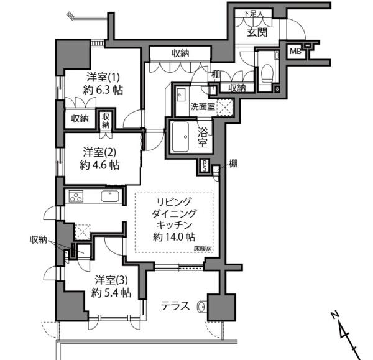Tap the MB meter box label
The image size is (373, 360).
pyautogui.click(x=295, y=52)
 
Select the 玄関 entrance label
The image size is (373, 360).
pyautogui.click(x=257, y=32)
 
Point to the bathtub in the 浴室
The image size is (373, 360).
pyautogui.click(x=181, y=137)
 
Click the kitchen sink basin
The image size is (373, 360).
pyautogui.click(x=110, y=196)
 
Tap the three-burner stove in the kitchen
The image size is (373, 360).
pyautogui.click(x=76, y=196)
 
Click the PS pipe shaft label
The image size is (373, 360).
pyautogui.click(x=205, y=165)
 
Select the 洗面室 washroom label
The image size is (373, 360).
pyautogui.click(x=203, y=106)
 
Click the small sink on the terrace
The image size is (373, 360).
pyautogui.click(x=202, y=307)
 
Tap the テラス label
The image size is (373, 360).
pyautogui.click(x=175, y=306)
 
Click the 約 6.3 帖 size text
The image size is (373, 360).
pyautogui.click(x=103, y=90)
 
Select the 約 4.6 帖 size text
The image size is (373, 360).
pyautogui.click(x=99, y=165)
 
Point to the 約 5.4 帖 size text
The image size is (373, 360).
pyautogui.click(x=111, y=293)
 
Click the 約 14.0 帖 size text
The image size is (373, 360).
pyautogui.click(x=174, y=237)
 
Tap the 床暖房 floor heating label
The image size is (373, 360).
pyautogui.click(x=203, y=249)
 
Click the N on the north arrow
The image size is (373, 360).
pyautogui.click(x=335, y=315)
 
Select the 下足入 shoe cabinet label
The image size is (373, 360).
pyautogui.click(x=253, y=13)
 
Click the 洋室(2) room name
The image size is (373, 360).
pyautogui.click(x=99, y=152)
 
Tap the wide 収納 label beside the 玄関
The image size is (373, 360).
pyautogui.click(x=181, y=53)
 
